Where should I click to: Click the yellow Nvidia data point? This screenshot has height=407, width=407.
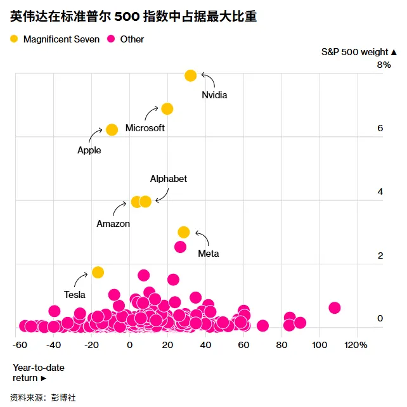click(190, 75)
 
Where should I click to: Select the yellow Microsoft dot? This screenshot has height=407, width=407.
click(167, 108)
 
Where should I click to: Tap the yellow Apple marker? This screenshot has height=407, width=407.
click(112, 129)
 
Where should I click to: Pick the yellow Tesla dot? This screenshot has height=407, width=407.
click(98, 272)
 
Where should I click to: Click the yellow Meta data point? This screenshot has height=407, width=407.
click(184, 232)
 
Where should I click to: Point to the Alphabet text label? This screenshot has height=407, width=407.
click(168, 179)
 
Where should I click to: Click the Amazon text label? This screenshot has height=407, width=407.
click(113, 224)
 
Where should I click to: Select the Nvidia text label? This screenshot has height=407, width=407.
click(214, 95)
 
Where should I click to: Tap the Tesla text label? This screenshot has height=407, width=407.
click(75, 295)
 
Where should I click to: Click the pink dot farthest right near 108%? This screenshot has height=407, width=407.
click(335, 307)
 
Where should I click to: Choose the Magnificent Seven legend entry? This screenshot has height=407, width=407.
click(55, 39)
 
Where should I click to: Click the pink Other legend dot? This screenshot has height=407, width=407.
click(112, 39)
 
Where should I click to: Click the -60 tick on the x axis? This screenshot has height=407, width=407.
click(20, 345)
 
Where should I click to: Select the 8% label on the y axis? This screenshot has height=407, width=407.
click(384, 65)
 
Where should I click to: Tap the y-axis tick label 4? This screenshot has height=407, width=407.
click(380, 191)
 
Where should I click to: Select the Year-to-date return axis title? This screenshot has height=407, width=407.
click(38, 373)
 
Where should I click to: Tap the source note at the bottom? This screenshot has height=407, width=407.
click(44, 397)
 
